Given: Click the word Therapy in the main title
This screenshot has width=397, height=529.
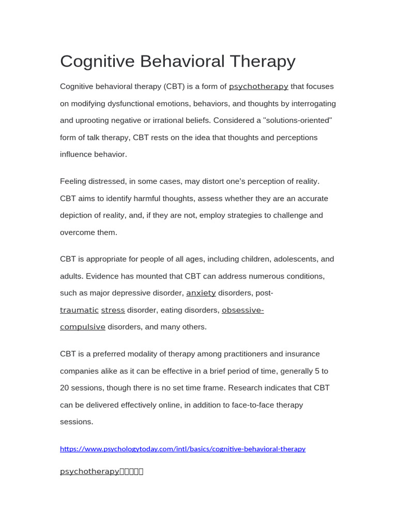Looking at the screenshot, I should click(x=263, y=61).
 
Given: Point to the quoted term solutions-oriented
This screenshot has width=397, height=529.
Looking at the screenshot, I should click(x=297, y=120).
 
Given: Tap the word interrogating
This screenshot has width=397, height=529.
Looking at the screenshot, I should click(x=314, y=103).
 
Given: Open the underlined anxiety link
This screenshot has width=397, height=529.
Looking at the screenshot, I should click(x=201, y=293).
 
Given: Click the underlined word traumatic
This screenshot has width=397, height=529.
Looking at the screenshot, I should click(x=79, y=310).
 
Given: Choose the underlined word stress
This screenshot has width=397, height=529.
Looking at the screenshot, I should click(x=113, y=310).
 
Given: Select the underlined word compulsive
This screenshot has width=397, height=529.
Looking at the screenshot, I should click(x=83, y=327).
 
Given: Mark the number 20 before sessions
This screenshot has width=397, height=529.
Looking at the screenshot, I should click(x=65, y=388).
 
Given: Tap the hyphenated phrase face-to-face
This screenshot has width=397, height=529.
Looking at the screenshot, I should click(x=254, y=405).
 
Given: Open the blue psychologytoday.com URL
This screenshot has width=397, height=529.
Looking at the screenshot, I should click(x=182, y=449).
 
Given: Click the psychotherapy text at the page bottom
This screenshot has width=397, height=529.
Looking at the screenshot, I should click(x=89, y=471).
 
